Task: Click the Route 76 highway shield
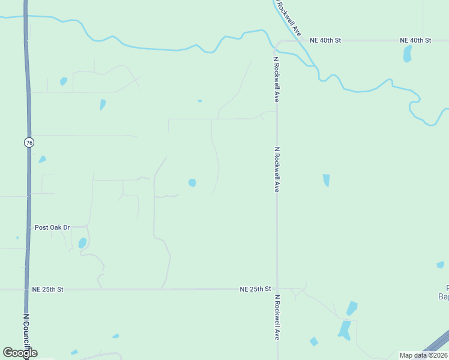pos(29,142)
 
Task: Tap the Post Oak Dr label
pos(52,227)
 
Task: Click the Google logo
pos(20,353)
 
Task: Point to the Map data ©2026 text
pos(423,355)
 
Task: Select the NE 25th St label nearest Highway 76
pos(48,289)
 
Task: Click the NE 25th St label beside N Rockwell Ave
pos(255,289)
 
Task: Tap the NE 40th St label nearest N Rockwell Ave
pos(325,40)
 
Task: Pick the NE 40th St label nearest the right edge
pos(415,40)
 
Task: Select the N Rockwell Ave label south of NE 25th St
pos(277,317)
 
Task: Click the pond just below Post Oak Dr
pos(82,243)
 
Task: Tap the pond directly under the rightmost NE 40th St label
pos(408,54)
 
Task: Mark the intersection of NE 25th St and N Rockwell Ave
pos(277,289)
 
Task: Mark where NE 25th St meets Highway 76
pos(27,289)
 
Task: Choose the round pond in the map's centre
pos(192,182)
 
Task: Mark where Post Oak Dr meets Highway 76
pos(28,227)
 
